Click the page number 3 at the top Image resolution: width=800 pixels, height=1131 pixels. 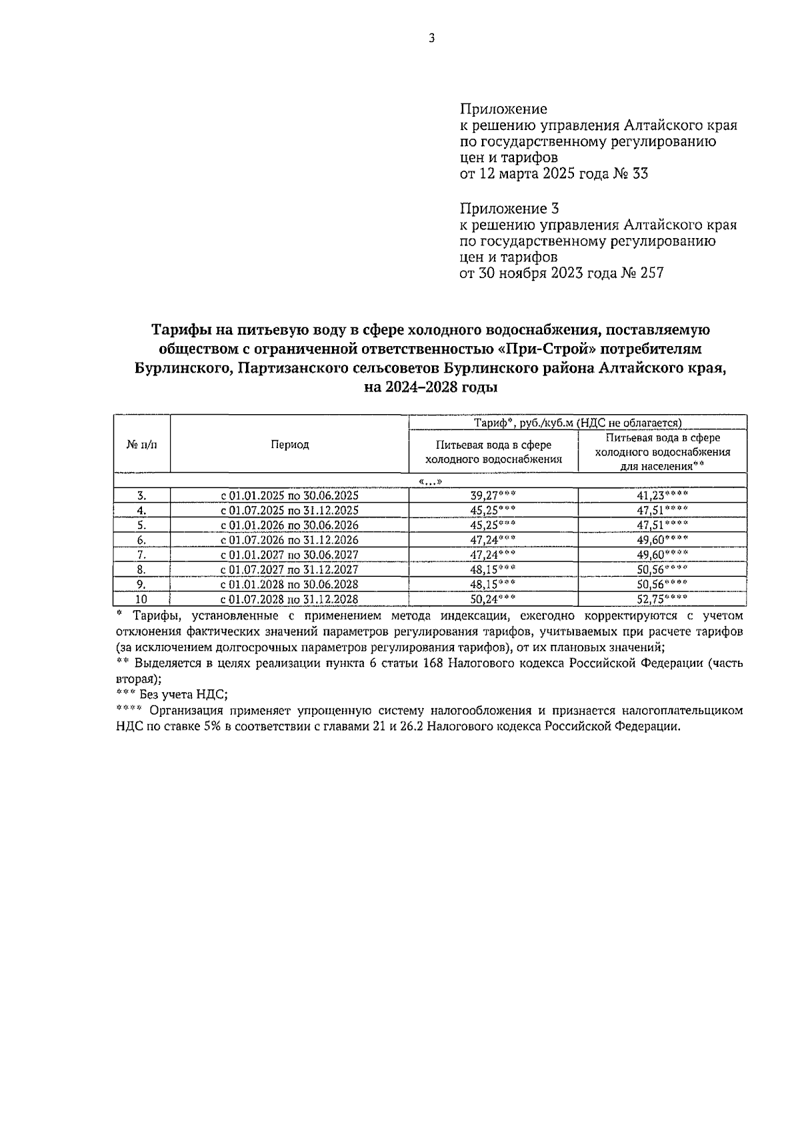[431, 39]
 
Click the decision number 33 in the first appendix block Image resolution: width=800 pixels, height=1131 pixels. [638, 175]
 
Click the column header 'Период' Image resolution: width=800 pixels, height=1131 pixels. [289, 445]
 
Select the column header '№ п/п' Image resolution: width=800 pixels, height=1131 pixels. [142, 445]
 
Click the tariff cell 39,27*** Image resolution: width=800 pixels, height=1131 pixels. [493, 495]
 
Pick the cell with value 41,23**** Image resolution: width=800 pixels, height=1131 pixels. [662, 495]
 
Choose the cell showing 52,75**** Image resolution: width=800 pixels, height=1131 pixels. [662, 599]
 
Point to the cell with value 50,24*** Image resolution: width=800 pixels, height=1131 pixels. [493, 599]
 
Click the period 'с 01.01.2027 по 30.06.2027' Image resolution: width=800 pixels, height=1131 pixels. [289, 555]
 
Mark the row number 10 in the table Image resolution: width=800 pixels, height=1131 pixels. [141, 599]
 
